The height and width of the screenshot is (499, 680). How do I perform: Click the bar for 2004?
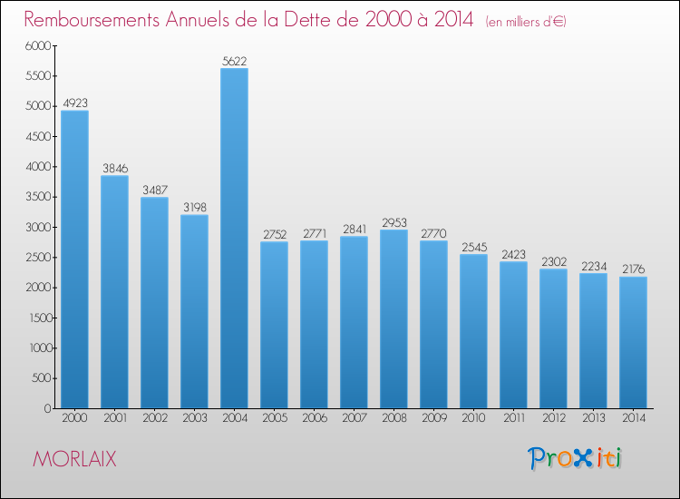coord(234,238)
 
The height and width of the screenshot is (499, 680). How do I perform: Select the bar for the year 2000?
coord(74,259)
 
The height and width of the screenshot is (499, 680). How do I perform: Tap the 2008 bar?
coord(393,318)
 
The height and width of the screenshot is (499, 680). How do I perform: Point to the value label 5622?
coord(234,61)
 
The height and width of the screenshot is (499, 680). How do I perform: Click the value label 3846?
coord(114,168)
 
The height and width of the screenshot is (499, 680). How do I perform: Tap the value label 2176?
coord(633,269)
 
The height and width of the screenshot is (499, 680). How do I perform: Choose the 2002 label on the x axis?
coord(154,420)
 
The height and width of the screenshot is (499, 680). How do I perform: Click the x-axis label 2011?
coord(513,420)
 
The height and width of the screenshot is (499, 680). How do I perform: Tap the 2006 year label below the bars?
coord(314,420)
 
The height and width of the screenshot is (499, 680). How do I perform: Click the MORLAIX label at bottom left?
coord(74,459)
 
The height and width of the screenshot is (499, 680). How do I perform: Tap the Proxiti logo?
coord(576,458)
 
